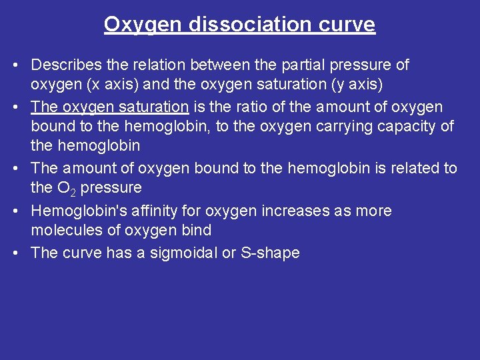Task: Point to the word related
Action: (x=414, y=168)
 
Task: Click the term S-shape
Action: (x=269, y=253)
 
